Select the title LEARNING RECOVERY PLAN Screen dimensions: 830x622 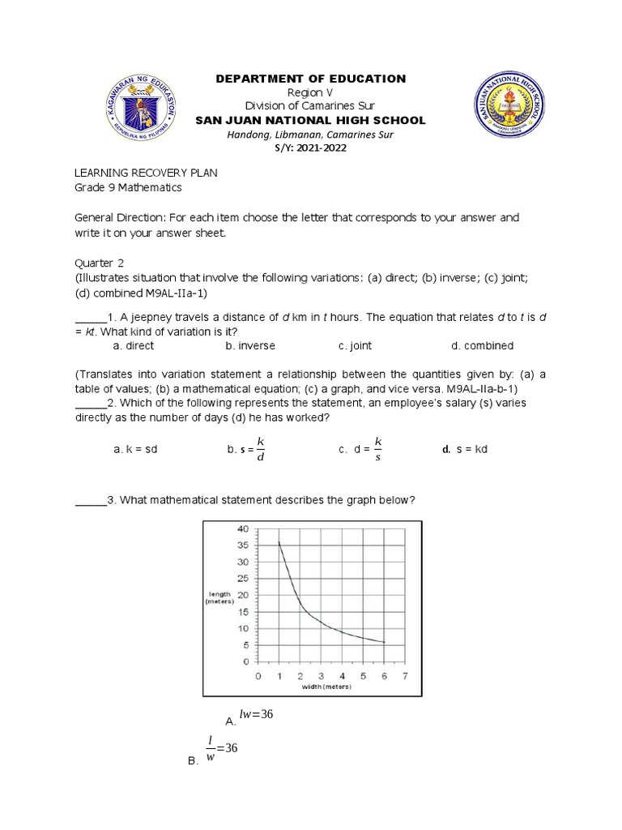[146, 174]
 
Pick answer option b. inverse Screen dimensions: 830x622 [250, 345]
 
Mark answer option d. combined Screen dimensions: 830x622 [482, 345]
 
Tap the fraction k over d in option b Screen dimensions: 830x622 [260, 449]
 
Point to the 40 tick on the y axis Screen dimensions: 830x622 [243, 528]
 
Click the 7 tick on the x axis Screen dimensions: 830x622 [404, 675]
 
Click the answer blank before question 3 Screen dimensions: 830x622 [91, 500]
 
